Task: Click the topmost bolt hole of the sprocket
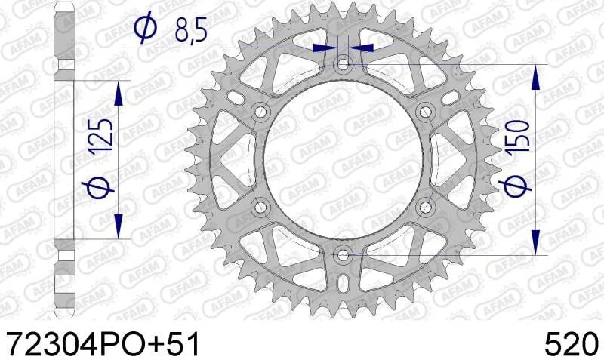pyautogui.click(x=344, y=64)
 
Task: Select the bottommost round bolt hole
pyautogui.click(x=344, y=254)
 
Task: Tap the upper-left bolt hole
pyautogui.click(x=261, y=112)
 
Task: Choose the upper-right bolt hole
pyautogui.click(x=426, y=112)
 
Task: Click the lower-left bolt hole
pyautogui.click(x=261, y=207)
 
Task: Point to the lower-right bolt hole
pyautogui.click(x=426, y=207)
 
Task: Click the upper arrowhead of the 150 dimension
pyautogui.click(x=535, y=75)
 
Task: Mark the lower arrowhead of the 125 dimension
pyautogui.click(x=118, y=226)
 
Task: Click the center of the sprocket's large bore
pyautogui.click(x=344, y=159)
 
